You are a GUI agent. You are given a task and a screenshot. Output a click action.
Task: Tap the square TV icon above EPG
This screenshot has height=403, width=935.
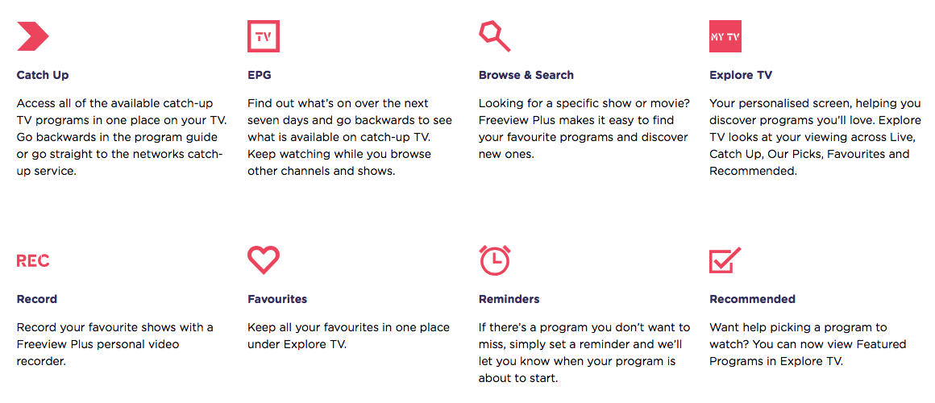click(264, 36)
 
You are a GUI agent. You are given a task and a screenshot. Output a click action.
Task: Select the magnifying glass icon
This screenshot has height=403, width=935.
click(494, 36)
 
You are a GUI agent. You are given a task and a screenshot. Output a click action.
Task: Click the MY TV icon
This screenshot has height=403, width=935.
click(725, 36)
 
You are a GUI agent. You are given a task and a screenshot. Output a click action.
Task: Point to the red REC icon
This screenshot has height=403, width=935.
click(33, 260)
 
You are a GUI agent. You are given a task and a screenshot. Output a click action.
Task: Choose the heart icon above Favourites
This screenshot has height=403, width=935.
click(264, 260)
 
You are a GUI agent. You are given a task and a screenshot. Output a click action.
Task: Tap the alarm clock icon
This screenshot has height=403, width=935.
click(495, 260)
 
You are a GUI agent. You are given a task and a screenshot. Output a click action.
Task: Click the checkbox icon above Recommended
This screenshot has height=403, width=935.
click(725, 260)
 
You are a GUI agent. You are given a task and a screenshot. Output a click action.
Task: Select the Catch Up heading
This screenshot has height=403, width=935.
click(43, 75)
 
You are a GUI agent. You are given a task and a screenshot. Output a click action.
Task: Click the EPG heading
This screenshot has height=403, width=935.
click(260, 75)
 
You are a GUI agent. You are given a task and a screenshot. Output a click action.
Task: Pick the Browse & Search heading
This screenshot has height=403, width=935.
click(526, 75)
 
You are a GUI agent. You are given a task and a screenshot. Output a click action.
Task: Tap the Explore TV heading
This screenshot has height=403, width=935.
click(741, 75)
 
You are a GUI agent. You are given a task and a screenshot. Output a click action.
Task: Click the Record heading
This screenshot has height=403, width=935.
click(37, 299)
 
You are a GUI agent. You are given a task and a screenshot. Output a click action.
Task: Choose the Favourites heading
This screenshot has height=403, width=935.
click(277, 299)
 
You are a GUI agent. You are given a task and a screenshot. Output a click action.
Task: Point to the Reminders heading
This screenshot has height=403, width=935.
click(509, 299)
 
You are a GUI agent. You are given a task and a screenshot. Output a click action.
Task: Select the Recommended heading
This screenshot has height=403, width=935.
click(753, 299)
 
